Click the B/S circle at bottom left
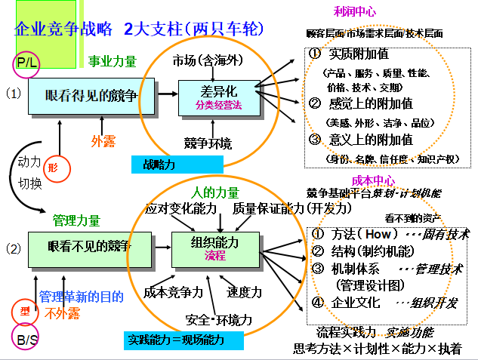(x=26, y=338)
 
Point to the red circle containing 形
(x=52, y=167)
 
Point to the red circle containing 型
(x=25, y=310)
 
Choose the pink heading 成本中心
(x=373, y=180)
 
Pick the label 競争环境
(x=208, y=143)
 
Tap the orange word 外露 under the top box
(x=103, y=140)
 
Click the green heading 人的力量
(x=215, y=192)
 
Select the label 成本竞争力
(x=173, y=291)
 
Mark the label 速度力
(x=245, y=291)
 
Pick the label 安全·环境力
(x=212, y=318)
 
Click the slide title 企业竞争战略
(x=63, y=30)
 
